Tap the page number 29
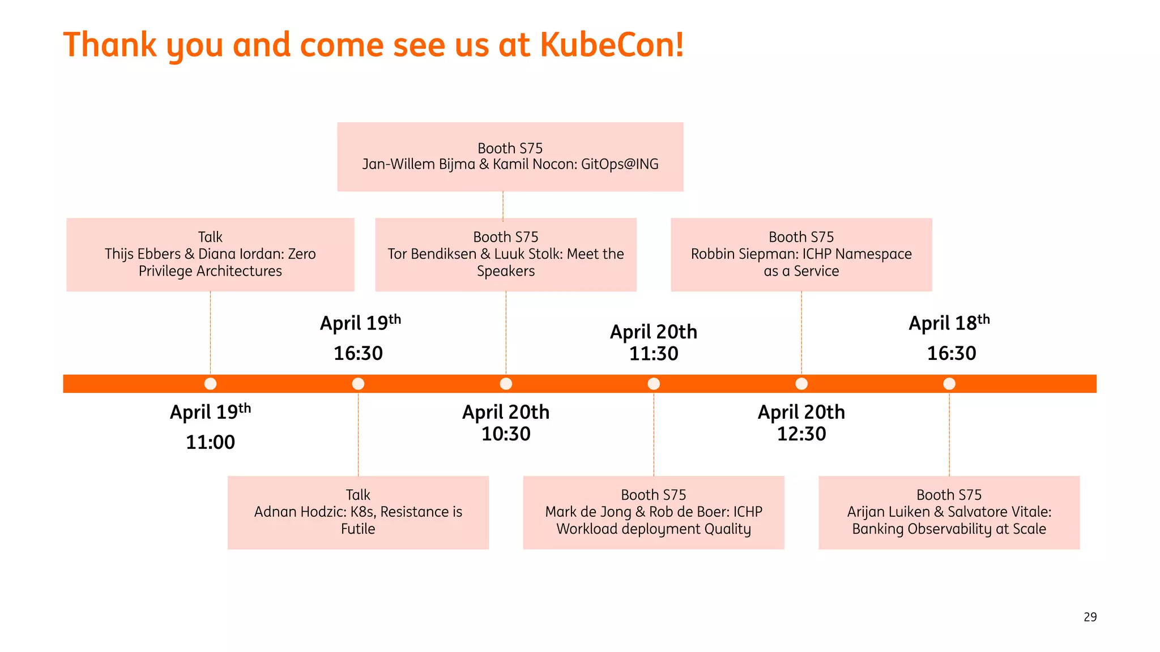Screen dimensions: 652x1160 1090,617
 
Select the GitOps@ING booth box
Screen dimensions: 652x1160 510,157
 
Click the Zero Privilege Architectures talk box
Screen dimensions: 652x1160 210,255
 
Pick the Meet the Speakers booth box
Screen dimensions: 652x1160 505,255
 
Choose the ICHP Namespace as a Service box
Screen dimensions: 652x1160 801,255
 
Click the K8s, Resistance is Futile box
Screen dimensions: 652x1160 358,512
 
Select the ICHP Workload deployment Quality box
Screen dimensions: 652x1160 653,512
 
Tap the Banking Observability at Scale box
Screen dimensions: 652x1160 949,512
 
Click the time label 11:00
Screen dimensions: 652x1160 210,442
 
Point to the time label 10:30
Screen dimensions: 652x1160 506,434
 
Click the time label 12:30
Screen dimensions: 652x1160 801,434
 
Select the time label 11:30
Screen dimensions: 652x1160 654,354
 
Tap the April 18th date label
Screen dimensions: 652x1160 949,323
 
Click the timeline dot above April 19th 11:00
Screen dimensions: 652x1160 210,384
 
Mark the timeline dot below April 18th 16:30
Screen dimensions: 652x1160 949,384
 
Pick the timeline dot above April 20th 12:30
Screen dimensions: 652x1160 801,384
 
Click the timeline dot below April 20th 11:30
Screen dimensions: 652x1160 654,384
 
